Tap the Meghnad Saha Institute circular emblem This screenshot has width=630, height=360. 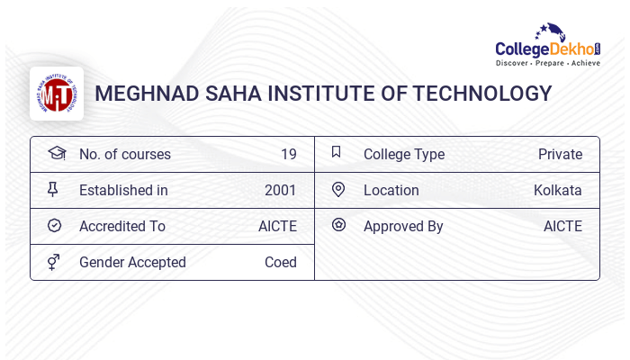click(57, 94)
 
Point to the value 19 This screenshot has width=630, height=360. click(288, 155)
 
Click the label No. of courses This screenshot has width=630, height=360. click(125, 155)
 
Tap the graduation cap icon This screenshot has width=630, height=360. click(56, 153)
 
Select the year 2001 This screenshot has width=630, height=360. click(280, 191)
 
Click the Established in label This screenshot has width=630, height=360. click(123, 191)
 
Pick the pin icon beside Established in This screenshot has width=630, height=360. click(53, 189)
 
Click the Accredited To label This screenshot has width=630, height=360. click(122, 227)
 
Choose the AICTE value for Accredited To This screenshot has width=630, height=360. click(277, 227)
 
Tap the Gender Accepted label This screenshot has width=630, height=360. click(132, 263)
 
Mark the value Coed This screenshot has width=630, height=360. click(280, 263)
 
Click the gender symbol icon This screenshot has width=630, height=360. click(53, 262)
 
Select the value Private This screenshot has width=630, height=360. click(560, 155)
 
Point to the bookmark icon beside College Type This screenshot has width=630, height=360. click(336, 152)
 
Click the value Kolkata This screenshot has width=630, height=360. click(557, 191)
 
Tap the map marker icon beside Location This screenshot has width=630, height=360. click(338, 189)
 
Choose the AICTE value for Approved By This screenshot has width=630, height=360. click(562, 227)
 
